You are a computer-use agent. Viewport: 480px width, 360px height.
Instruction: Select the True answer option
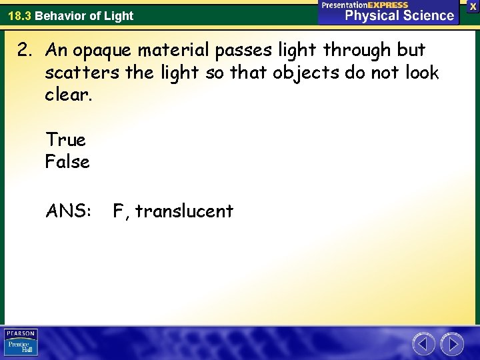tap(65, 140)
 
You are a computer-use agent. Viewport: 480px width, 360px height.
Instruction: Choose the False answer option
tap(67, 161)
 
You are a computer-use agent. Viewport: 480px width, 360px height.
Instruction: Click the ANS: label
tap(67, 211)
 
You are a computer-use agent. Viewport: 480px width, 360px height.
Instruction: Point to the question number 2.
tap(31, 51)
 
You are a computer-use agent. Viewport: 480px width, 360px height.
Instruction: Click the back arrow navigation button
tap(423, 344)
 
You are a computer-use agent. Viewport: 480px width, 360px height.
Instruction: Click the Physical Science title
tap(399, 15)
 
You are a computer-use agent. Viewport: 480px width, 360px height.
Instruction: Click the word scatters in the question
tap(82, 73)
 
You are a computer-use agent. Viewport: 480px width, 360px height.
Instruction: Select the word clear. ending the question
tap(67, 94)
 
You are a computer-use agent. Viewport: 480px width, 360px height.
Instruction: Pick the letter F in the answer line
tap(119, 211)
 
